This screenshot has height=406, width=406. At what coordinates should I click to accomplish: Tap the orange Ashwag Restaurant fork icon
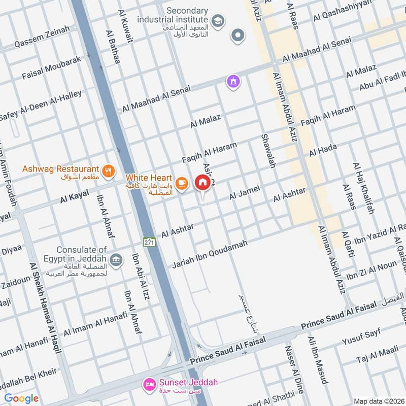[x=108, y=172]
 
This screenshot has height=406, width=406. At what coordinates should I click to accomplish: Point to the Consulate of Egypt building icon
[x=116, y=260]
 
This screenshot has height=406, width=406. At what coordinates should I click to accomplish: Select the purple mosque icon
[x=233, y=81]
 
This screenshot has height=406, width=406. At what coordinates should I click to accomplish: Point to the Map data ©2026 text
[x=379, y=401]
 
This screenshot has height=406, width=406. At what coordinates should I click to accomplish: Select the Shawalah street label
[x=267, y=151]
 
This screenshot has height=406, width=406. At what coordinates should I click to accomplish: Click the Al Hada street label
[x=323, y=149]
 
